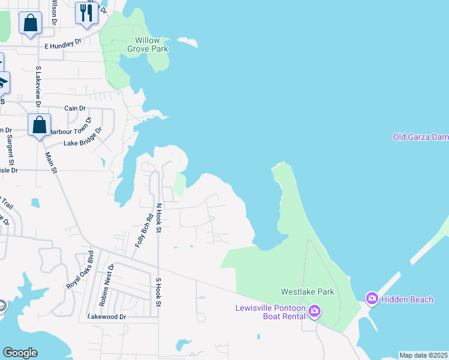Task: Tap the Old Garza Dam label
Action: point(421,137)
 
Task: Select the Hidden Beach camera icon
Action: point(372,298)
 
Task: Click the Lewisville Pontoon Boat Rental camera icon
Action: point(315,311)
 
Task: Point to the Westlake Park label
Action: point(307,292)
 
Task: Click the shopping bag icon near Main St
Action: point(40,125)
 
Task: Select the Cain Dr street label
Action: point(75,109)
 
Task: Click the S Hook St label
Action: point(159,292)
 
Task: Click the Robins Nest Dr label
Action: point(106,285)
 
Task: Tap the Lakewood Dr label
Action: point(107,316)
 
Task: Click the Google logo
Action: point(20,353)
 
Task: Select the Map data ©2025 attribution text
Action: point(423,355)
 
